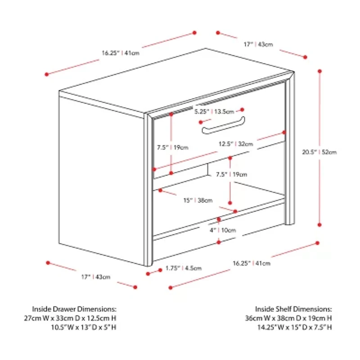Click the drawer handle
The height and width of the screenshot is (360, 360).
(x=223, y=126)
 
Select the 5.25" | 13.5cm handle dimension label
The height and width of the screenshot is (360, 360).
(x=214, y=112)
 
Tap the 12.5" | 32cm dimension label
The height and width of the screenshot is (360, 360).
(x=236, y=144)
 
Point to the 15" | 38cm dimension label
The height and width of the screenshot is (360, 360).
(x=198, y=200)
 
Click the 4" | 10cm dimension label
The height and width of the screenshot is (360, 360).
(x=223, y=230)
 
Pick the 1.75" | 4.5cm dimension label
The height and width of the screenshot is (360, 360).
(x=184, y=268)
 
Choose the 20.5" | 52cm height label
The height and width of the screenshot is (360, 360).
(x=319, y=152)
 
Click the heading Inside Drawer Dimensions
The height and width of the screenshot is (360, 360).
(x=74, y=309)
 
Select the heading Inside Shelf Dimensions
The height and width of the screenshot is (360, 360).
(x=293, y=309)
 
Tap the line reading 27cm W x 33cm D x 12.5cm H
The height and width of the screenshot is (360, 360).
(x=70, y=318)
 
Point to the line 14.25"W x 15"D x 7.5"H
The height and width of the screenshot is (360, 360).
(x=295, y=327)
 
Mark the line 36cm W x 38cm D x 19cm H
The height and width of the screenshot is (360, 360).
(x=288, y=318)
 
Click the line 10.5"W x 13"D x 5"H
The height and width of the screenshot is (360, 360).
(x=84, y=327)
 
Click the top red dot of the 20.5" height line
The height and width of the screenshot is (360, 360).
(x=319, y=72)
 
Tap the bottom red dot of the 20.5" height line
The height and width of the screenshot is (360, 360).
(x=319, y=225)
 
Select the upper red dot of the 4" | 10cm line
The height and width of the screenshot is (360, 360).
(x=219, y=220)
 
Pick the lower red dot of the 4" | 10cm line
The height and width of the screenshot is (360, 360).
(x=219, y=242)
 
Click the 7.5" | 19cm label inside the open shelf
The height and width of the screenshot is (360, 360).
(x=231, y=175)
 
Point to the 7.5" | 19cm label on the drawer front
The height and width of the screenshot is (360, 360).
(x=173, y=148)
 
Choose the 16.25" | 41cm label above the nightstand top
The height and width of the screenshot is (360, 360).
(x=121, y=53)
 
